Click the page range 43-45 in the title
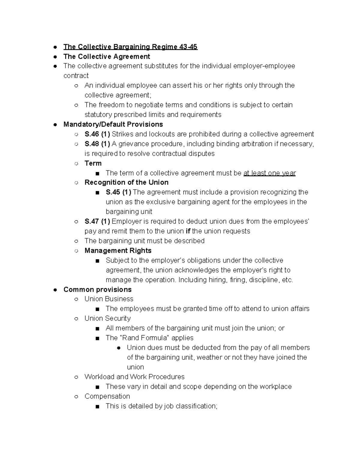coord(188,47)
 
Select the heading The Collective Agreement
coord(106,56)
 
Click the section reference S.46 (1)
coord(97,134)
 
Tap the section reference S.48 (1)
coord(97,144)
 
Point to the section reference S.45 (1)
coord(118,192)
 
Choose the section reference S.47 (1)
coord(97,221)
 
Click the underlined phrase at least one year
coord(269,173)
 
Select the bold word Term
coord(93,163)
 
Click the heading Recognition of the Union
coord(126,182)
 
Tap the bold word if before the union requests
coord(188,231)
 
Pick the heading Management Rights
coord(118,251)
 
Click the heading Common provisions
coord(97,290)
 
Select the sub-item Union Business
coord(109,299)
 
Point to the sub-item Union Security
coord(107,318)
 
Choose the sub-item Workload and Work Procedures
coord(134,377)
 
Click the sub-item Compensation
coord(107,396)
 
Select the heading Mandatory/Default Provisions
coord(113,124)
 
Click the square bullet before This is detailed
coord(97,407)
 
